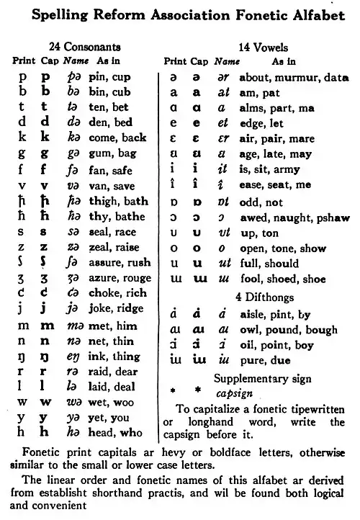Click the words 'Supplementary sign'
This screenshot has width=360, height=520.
pyautogui.click(x=263, y=379)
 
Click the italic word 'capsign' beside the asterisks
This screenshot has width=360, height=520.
pyautogui.click(x=233, y=394)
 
